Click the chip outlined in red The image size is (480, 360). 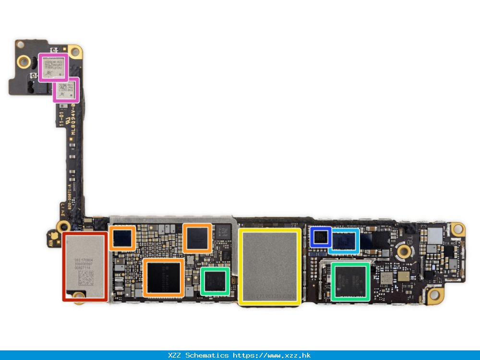84,266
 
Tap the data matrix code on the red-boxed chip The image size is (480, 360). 86,278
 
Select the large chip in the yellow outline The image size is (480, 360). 270,267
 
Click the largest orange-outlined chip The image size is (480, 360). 163,278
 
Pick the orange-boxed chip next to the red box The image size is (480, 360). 122,238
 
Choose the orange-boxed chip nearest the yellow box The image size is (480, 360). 197,238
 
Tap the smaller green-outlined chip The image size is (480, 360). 215,281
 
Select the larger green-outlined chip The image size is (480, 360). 351,282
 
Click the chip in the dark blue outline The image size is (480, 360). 320,237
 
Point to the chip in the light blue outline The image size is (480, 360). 344,240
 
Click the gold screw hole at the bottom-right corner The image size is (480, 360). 435,295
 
